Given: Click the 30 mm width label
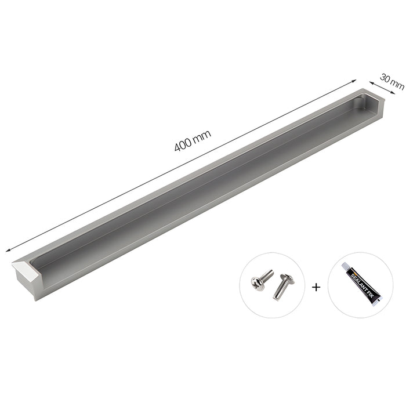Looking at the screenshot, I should pos(392,81).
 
